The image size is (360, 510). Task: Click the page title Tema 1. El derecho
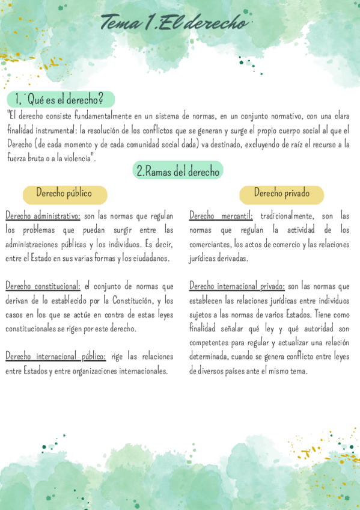click(x=174, y=23)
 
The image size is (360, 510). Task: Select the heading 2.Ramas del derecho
click(x=177, y=171)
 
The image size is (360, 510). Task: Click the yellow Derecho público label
click(x=64, y=194)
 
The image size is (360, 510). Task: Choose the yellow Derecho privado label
click(x=281, y=194)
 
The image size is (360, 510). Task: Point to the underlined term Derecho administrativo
click(x=42, y=215)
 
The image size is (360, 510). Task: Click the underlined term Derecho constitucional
click(x=42, y=286)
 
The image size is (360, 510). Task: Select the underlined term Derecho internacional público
click(x=55, y=357)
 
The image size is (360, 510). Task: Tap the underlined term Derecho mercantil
click(x=221, y=215)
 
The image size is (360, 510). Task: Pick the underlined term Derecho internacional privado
click(x=237, y=286)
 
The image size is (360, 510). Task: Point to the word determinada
click(x=211, y=357)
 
